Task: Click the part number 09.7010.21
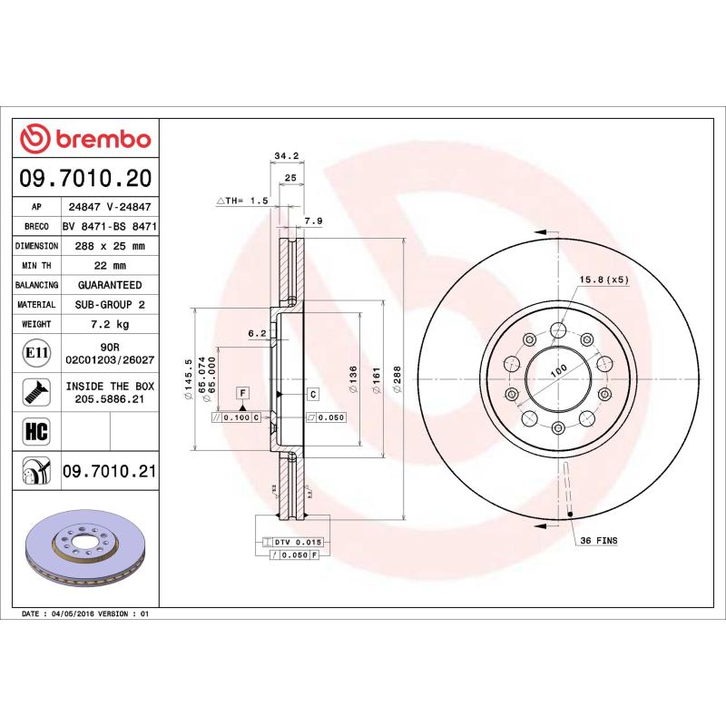click(x=110, y=472)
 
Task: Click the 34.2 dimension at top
click(x=287, y=157)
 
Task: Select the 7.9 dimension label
click(x=313, y=221)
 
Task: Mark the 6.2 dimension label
click(x=257, y=333)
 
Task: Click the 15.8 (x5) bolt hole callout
click(x=603, y=280)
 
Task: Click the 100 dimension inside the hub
click(x=558, y=368)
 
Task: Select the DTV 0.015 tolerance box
click(x=297, y=542)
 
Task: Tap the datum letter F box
click(x=242, y=393)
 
